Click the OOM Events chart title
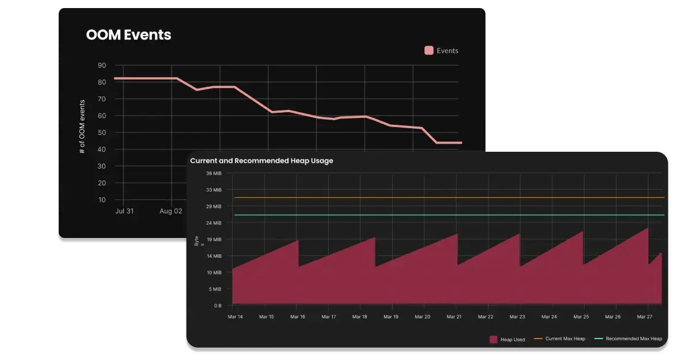click(128, 34)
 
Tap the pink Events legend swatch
click(429, 51)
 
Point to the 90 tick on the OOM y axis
click(102, 66)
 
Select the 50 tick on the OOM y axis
click(102, 133)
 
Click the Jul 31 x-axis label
click(124, 211)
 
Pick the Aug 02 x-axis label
click(171, 211)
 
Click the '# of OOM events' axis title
click(82, 126)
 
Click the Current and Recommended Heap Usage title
click(261, 161)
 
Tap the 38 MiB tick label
click(214, 173)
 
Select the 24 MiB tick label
click(214, 223)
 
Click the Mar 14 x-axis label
click(236, 317)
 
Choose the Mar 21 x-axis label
click(454, 317)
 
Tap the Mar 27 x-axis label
click(645, 317)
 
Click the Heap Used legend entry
click(507, 339)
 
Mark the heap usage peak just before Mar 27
click(648, 229)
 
